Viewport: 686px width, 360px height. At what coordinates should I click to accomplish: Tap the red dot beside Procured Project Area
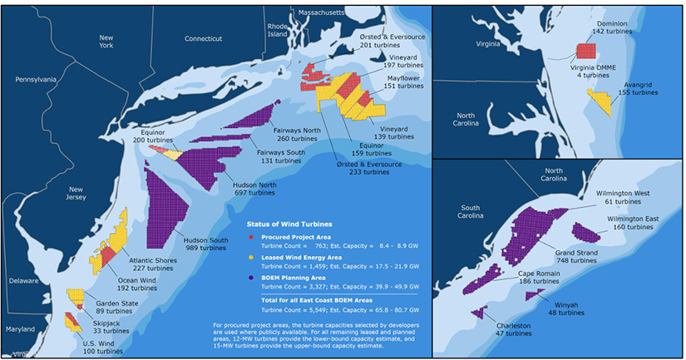(x=240, y=237)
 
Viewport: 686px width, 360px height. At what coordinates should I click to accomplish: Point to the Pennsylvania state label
(x=36, y=80)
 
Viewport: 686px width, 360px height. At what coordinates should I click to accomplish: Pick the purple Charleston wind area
(x=479, y=313)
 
